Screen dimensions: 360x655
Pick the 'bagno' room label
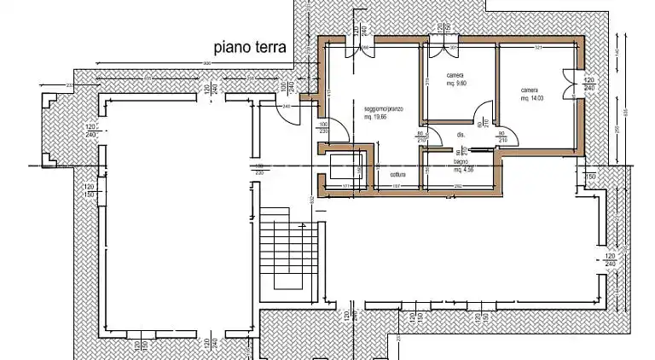pos(461,161)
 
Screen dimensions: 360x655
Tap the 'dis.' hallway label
pos(461,135)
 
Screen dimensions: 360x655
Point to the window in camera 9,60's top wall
pos(443,38)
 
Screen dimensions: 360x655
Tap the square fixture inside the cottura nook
pos(343,167)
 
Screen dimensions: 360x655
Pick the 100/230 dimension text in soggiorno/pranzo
pos(323,127)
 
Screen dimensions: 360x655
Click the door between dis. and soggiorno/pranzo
pos(428,137)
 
